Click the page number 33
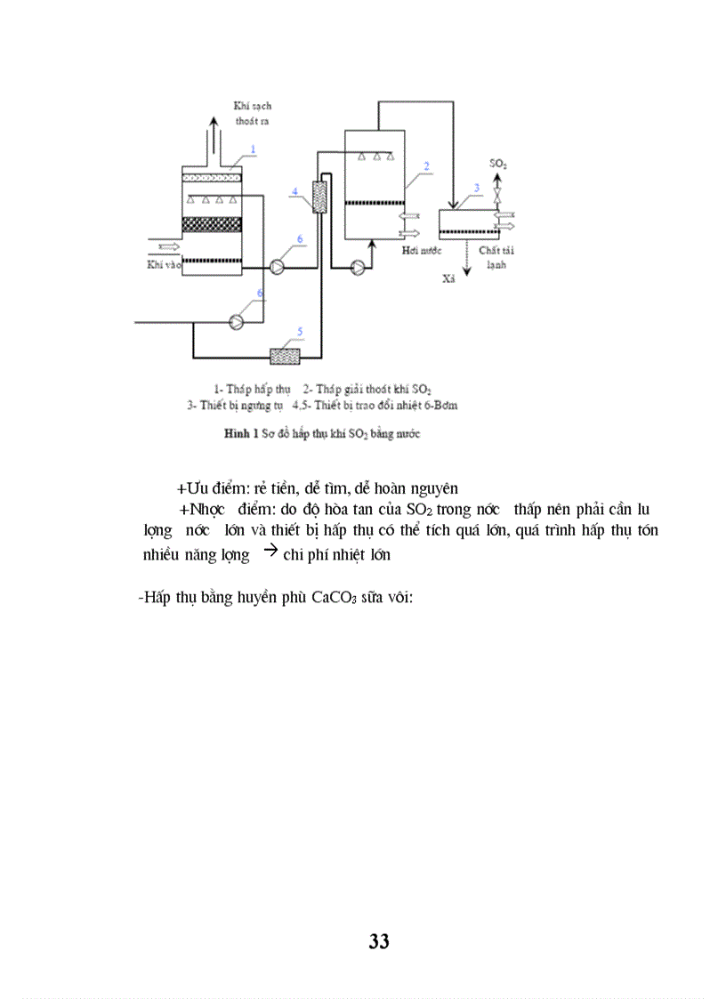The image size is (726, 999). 378,941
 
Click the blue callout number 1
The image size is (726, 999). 253,148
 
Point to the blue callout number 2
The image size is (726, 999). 427,165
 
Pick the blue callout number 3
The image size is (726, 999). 477,188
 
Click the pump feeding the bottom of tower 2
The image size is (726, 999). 358,266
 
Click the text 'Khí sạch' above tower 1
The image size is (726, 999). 246,106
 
